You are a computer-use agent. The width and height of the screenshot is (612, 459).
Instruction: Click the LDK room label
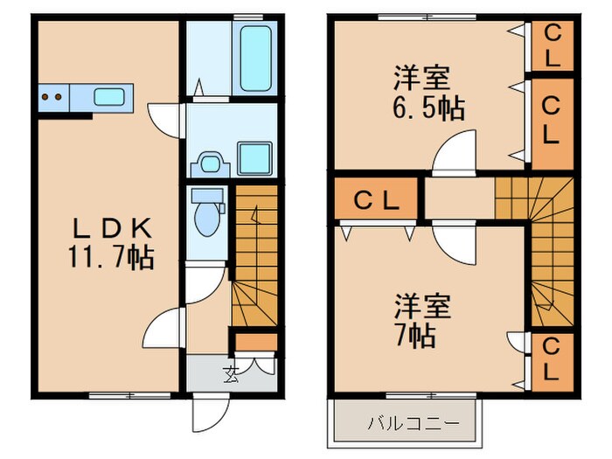pos(112,229)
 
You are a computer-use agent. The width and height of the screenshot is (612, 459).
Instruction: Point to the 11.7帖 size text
pos(112,258)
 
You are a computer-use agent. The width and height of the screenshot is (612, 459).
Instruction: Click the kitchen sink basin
pos(109,97)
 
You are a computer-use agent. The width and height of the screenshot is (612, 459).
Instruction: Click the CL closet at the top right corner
pos(553,45)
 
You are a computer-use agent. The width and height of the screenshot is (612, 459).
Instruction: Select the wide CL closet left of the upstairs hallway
pos(376,200)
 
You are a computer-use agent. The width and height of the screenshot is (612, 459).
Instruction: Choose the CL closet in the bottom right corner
pos(553,361)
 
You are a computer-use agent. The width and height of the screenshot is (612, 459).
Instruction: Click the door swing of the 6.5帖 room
pos(455,153)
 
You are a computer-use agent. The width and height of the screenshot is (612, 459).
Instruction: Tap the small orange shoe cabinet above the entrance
pos(255,342)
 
